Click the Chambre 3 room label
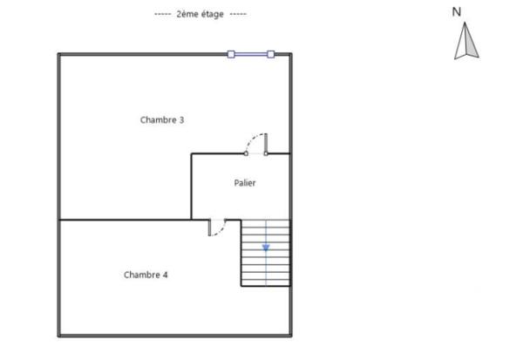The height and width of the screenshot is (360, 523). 162,120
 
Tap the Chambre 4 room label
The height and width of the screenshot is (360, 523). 146,275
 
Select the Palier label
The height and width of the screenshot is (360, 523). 245,183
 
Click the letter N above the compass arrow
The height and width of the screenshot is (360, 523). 456,12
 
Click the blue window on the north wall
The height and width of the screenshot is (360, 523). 251,54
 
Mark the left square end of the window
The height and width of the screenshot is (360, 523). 231,54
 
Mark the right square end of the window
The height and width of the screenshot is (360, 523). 270,54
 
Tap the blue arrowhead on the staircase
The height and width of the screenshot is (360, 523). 266,248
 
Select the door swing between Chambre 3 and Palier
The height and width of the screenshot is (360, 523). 256,143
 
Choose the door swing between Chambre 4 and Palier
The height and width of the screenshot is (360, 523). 218,228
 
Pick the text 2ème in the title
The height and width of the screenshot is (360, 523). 187,15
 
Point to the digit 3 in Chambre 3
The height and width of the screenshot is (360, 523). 181,120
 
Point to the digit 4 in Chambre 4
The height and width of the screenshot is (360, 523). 165,275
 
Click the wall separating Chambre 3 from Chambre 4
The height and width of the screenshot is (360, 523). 122,220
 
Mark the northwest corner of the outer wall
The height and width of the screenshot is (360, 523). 59,54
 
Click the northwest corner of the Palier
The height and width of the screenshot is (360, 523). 192,154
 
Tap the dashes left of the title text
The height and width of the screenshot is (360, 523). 162,15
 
